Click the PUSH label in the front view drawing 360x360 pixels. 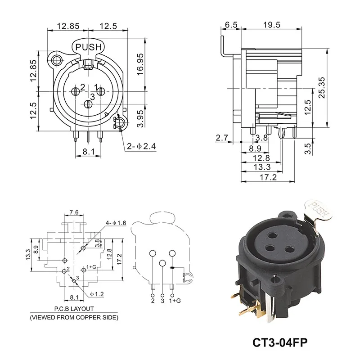(x=89, y=46)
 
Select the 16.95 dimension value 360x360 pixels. (x=139, y=65)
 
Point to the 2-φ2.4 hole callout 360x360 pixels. (x=142, y=146)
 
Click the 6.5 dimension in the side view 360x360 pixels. (x=230, y=25)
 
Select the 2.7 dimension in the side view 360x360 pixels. (x=222, y=138)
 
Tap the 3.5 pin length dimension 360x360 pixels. (x=307, y=148)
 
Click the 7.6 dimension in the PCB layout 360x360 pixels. (x=74, y=212)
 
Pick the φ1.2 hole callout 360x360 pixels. (x=97, y=294)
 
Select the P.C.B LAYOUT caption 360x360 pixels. (x=74, y=309)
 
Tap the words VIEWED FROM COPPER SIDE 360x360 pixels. (x=74, y=318)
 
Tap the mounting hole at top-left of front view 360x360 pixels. (x=57, y=60)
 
